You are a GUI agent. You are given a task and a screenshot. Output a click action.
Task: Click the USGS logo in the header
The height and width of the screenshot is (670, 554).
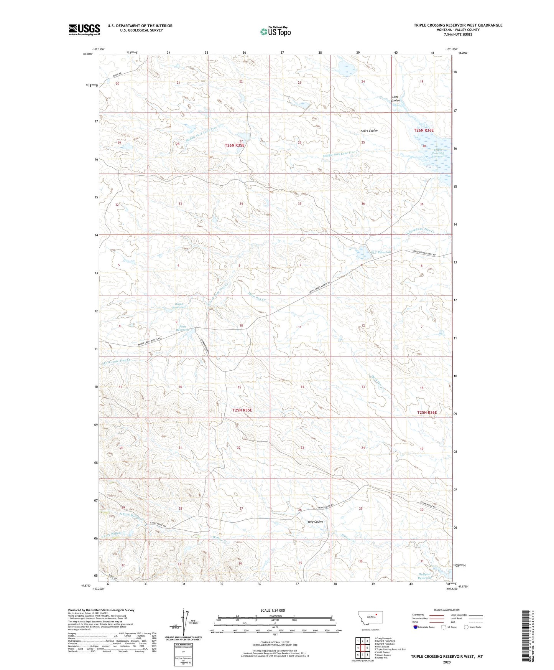click(x=84, y=29)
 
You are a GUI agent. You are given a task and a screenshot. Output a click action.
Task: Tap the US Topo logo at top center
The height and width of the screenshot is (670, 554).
click(x=275, y=31)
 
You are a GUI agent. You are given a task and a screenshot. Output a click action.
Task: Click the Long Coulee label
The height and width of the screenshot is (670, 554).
click(x=395, y=99)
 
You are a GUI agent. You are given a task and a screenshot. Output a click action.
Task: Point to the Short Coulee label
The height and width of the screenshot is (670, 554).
click(x=369, y=130)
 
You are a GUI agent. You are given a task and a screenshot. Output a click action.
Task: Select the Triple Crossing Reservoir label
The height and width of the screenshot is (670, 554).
click(x=438, y=153)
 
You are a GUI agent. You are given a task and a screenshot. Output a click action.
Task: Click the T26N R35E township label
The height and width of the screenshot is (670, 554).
click(x=234, y=145)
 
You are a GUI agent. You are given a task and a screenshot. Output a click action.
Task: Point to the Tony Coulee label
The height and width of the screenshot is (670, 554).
click(x=315, y=521)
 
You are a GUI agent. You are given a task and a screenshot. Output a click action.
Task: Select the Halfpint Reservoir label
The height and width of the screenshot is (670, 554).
click(x=425, y=576)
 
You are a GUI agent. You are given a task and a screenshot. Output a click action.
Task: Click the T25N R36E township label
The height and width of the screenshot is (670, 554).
click(x=427, y=413)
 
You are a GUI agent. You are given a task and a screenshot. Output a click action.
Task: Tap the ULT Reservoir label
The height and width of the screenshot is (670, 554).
click(x=380, y=252)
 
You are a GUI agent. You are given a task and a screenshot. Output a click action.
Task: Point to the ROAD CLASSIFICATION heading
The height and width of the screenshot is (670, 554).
click(x=447, y=610)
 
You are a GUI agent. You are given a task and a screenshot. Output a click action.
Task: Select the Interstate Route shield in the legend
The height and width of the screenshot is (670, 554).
click(x=416, y=627)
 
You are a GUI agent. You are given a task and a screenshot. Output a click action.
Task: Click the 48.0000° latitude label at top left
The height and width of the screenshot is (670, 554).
click(x=87, y=54)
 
